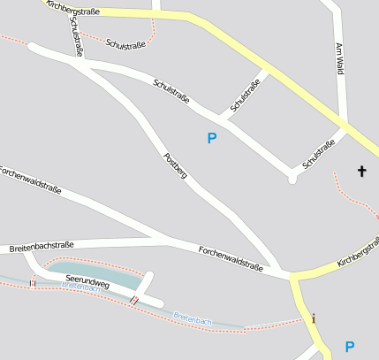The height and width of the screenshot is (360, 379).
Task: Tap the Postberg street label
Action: [176, 165]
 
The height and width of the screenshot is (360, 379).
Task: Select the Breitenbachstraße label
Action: [42, 246]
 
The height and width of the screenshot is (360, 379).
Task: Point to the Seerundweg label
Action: [87, 283]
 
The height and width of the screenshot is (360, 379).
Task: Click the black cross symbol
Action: [361, 170]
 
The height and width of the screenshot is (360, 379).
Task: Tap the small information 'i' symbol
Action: [313, 318]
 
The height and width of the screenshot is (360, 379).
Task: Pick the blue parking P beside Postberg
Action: [211, 138]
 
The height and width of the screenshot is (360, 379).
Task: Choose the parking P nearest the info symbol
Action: [350, 347]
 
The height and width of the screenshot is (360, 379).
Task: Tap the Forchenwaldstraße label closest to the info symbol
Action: [231, 257]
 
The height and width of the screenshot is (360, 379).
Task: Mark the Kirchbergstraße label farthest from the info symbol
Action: [73, 11]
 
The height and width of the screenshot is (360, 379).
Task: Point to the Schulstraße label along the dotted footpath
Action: [125, 44]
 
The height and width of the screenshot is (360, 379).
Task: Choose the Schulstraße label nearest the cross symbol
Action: [319, 154]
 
